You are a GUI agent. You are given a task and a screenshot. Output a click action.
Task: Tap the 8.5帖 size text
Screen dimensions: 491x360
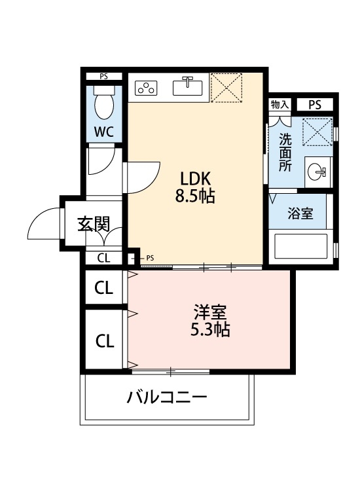[x=196, y=195]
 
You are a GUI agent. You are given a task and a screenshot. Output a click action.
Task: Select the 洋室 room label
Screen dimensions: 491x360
[x=209, y=313]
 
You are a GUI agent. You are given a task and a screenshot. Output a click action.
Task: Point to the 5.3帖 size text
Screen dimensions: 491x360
[x=209, y=331]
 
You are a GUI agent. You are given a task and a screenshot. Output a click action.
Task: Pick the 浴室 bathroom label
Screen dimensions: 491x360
[x=300, y=214]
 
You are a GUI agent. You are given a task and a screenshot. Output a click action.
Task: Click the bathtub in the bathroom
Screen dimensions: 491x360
[x=300, y=247]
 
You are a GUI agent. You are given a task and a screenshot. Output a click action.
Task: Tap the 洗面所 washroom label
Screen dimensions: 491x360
[x=285, y=152]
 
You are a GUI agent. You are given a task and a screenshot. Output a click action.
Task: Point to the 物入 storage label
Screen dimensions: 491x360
[x=279, y=105]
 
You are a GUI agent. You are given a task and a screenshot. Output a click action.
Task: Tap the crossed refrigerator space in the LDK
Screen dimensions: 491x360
[x=227, y=87]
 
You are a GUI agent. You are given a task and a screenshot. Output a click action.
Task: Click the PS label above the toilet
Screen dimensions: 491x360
[x=103, y=76]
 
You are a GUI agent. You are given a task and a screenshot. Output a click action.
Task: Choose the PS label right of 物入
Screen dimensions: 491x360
[x=315, y=105]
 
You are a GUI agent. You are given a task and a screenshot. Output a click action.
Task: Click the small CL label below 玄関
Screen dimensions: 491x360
[x=103, y=258]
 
